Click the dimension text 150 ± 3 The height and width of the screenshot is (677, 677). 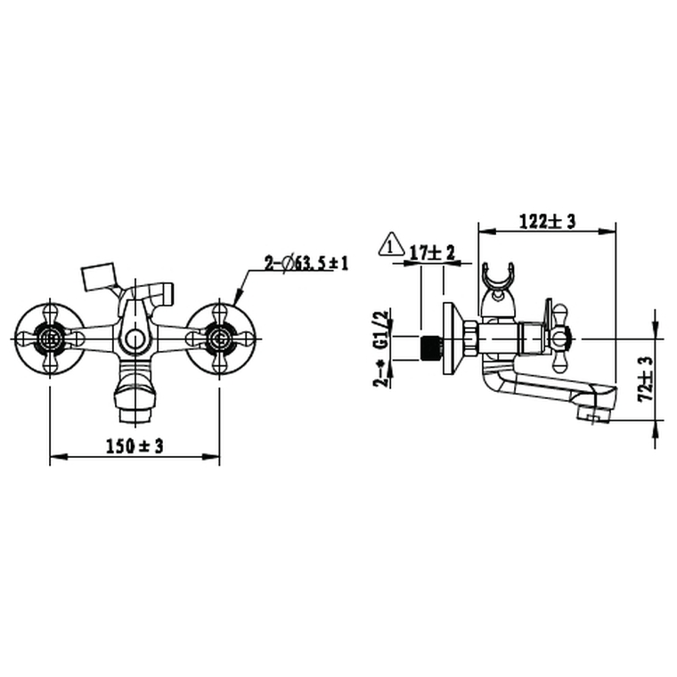(135, 446)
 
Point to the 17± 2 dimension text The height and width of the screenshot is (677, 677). (431, 254)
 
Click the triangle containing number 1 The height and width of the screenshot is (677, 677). (389, 244)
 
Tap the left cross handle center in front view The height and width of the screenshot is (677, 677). (50, 338)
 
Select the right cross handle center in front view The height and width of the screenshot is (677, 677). (219, 338)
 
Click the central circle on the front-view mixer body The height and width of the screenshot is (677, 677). (134, 338)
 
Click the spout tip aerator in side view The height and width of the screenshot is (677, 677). (589, 414)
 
